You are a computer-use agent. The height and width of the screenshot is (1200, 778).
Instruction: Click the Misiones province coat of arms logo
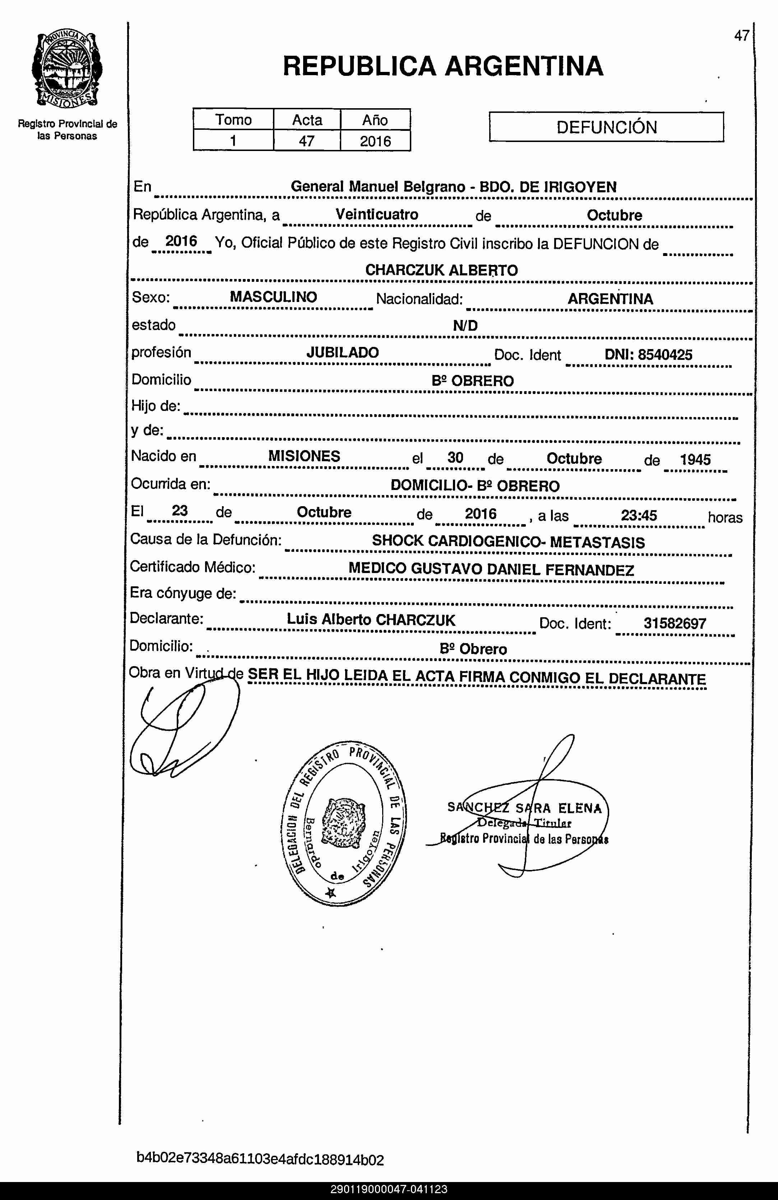67,70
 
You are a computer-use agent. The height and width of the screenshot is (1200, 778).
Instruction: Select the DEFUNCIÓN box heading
606,127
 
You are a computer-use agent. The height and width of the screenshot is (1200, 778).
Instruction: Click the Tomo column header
233,120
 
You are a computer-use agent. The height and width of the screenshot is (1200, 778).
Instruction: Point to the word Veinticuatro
377,214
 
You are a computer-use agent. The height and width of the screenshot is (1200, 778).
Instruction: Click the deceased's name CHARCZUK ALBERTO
441,270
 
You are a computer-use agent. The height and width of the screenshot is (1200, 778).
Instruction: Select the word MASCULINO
274,297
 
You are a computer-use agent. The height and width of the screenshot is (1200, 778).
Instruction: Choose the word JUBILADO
343,352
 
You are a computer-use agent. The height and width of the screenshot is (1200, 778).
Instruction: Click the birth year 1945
695,460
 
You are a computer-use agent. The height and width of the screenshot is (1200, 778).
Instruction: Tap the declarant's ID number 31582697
675,624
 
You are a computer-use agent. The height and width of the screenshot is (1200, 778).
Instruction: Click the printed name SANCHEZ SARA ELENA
524,808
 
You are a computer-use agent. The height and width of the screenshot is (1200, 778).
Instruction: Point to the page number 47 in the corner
741,36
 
